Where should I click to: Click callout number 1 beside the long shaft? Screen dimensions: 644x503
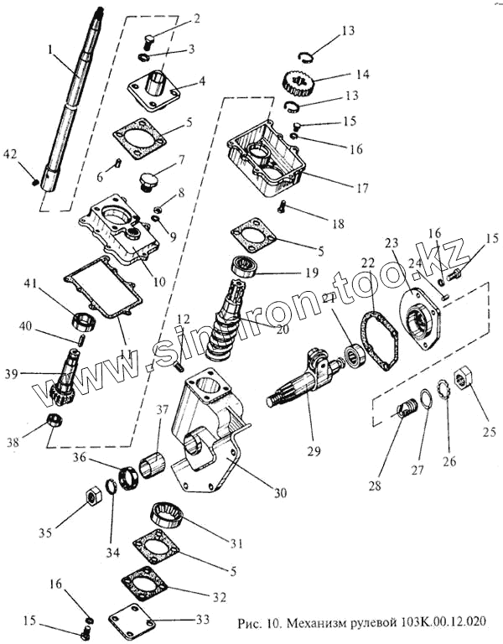click(51, 50)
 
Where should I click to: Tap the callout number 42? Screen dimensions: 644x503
click(10, 154)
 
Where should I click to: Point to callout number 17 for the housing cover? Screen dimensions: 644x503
click(360, 189)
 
